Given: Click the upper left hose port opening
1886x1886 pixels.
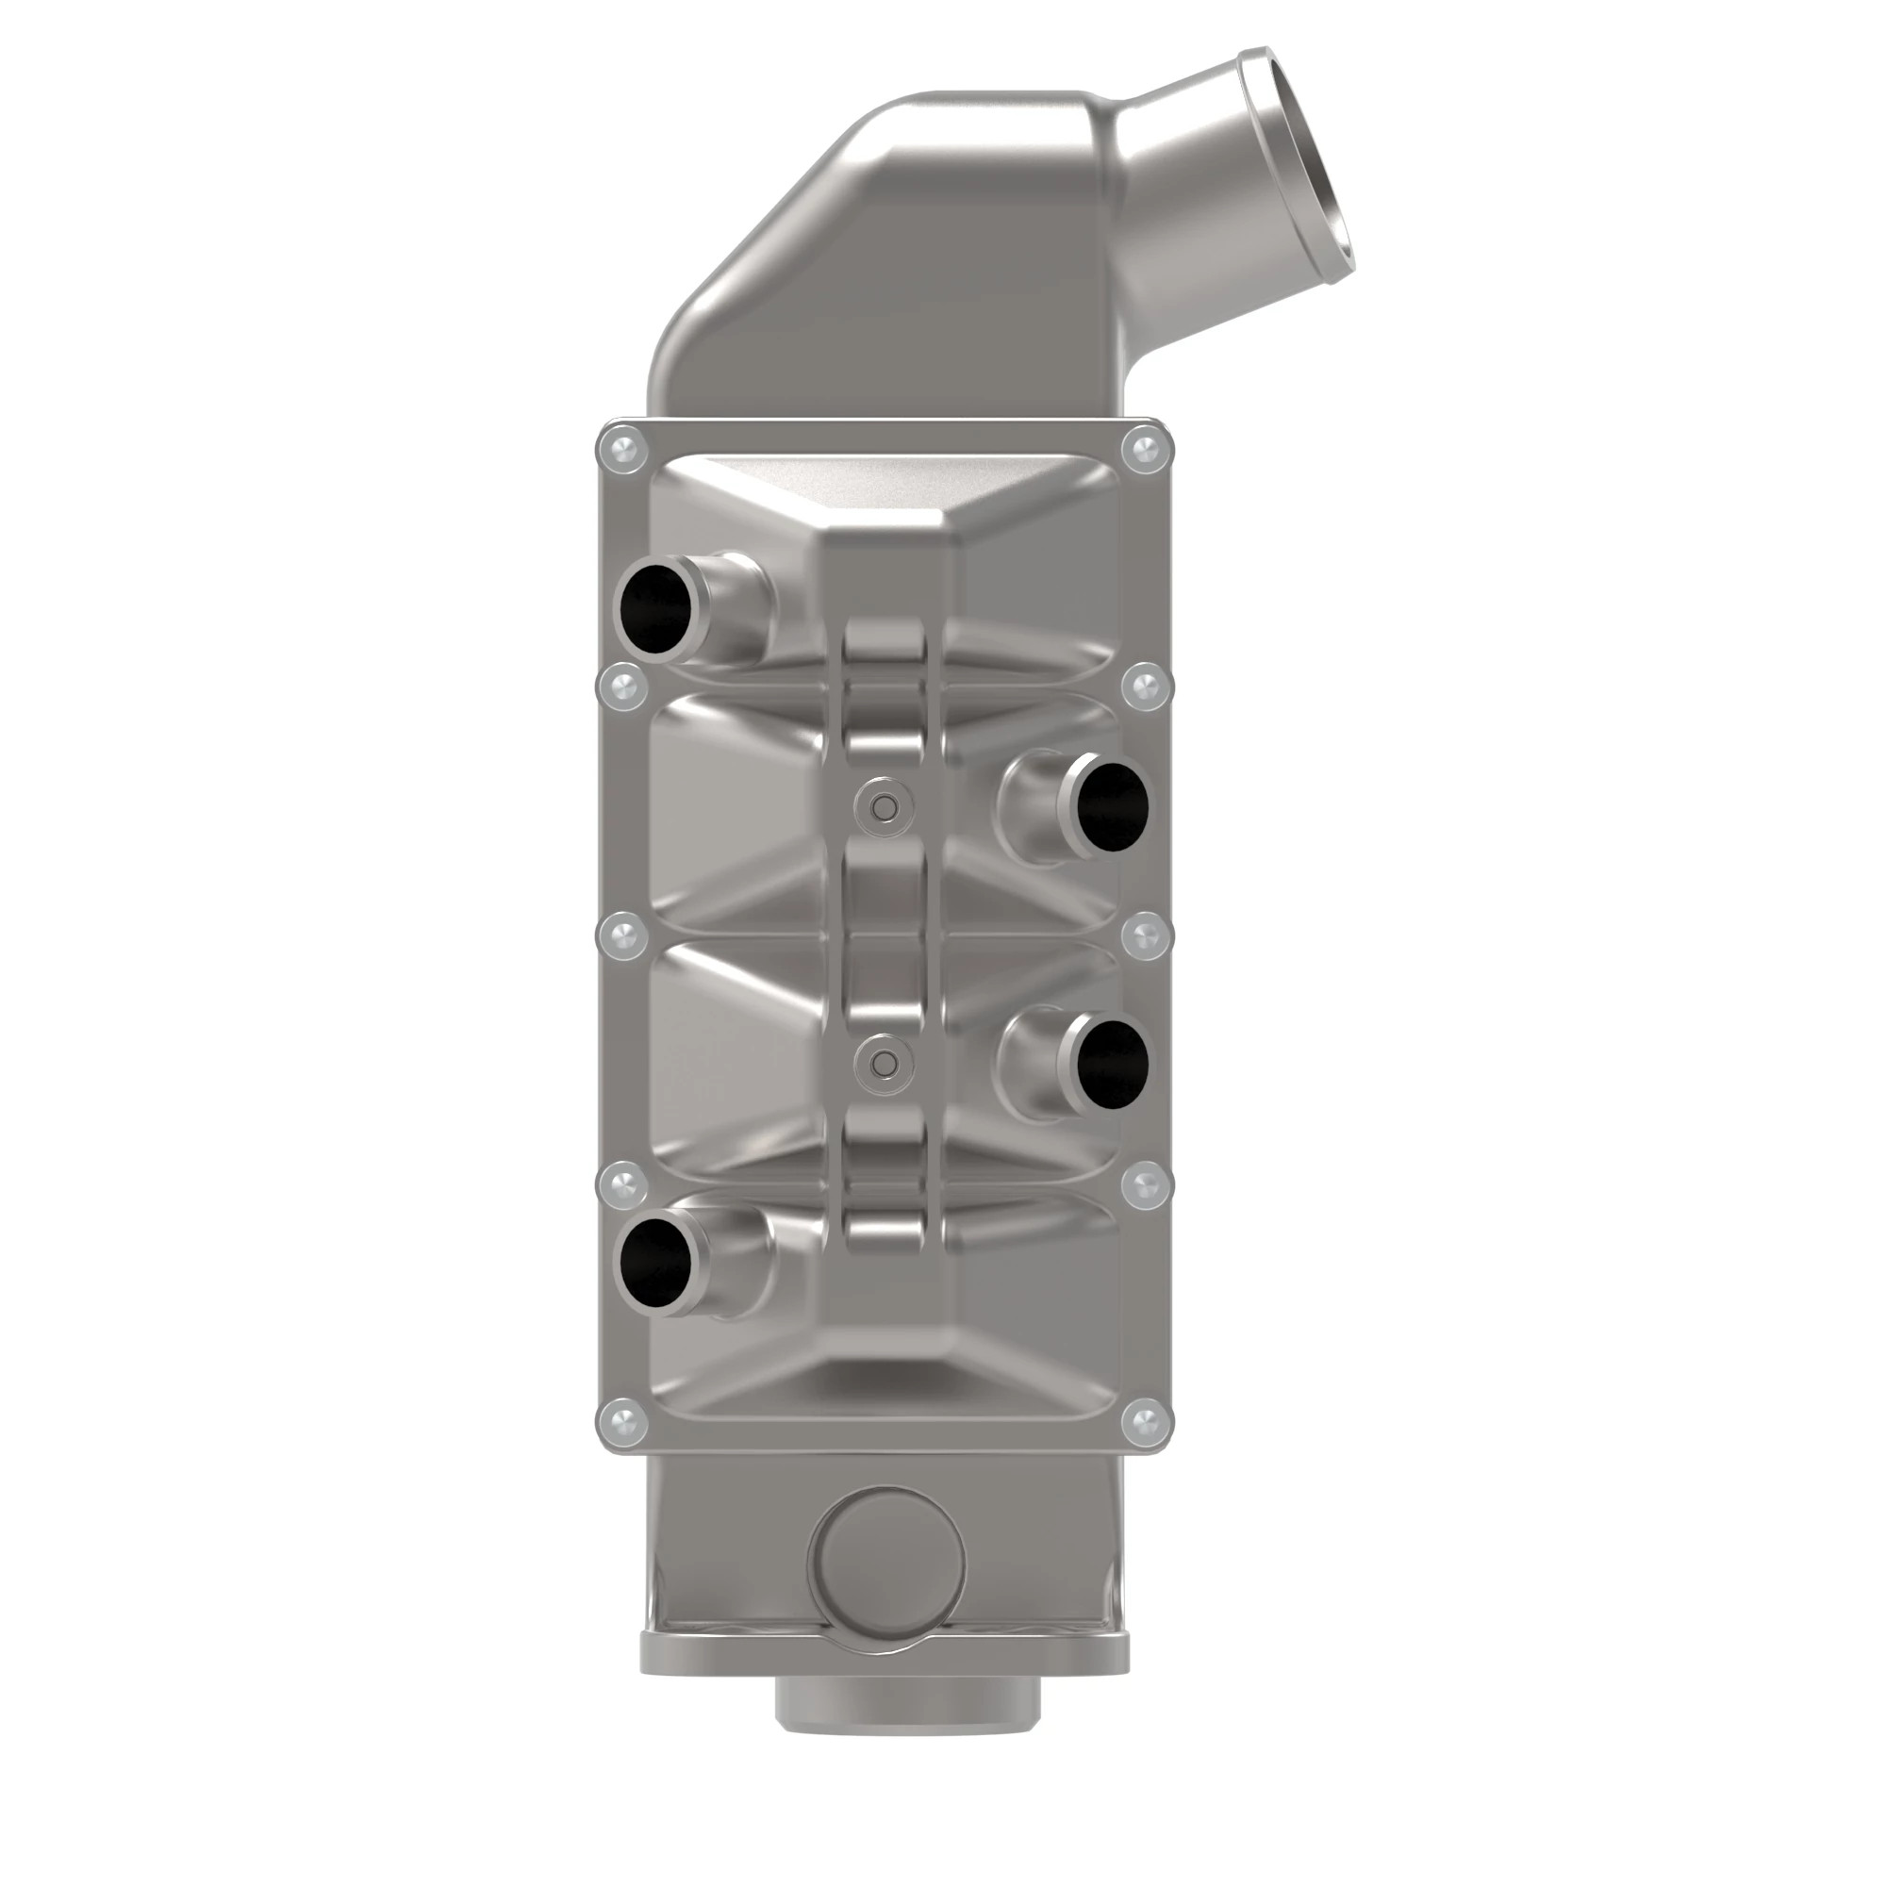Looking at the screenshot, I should [654, 609].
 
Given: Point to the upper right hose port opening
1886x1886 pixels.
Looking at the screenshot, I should [1109, 805].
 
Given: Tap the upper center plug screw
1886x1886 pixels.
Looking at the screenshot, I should [885, 806].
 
